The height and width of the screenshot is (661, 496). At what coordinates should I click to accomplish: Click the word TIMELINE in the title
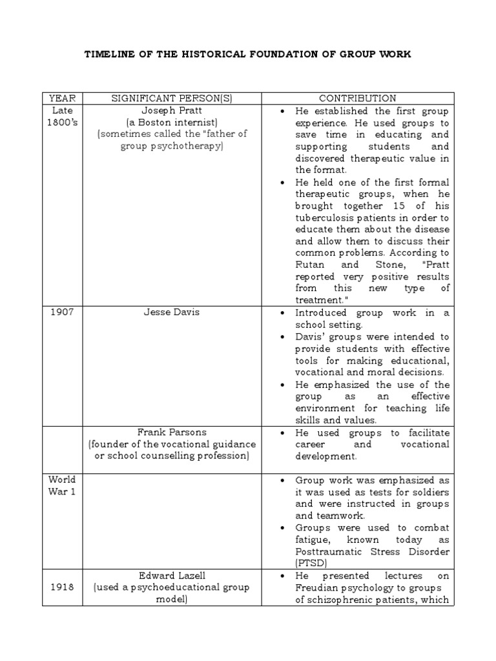(x=108, y=55)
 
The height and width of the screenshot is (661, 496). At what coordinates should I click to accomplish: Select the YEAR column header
(x=62, y=99)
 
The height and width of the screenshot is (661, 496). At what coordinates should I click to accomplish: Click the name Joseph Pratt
(x=172, y=110)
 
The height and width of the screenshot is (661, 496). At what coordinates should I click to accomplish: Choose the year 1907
(x=62, y=312)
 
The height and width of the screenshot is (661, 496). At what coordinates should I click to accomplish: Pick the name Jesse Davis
(x=172, y=312)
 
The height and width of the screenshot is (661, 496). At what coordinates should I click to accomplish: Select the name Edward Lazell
(x=172, y=575)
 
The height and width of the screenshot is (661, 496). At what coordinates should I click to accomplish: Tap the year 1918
(x=62, y=587)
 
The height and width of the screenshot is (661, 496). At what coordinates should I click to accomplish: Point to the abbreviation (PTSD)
(x=309, y=564)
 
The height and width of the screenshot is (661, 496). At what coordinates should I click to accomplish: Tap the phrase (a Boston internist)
(x=172, y=123)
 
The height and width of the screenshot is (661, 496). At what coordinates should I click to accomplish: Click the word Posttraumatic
(x=327, y=552)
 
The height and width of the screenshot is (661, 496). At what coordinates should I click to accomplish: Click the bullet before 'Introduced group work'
(x=284, y=312)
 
